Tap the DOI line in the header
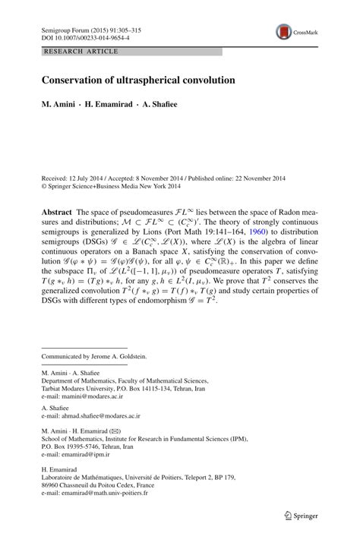84,36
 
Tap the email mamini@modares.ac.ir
95,396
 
